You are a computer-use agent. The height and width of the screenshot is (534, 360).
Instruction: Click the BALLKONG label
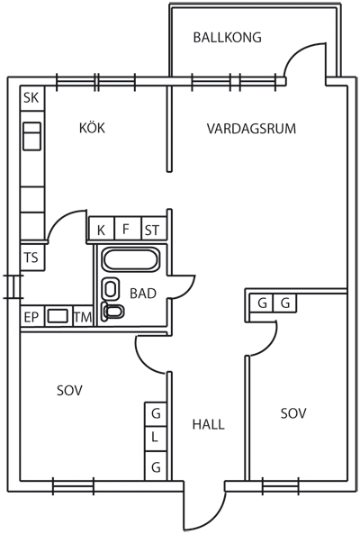(228, 37)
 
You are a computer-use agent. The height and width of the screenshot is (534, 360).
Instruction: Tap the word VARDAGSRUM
(251, 129)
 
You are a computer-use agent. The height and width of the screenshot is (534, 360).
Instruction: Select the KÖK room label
(92, 128)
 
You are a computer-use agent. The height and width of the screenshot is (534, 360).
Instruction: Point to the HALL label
(209, 424)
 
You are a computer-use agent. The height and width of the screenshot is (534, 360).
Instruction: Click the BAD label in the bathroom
(143, 294)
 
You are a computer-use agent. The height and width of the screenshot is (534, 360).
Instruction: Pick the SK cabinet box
(32, 98)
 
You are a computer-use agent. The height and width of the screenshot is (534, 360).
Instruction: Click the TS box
(32, 258)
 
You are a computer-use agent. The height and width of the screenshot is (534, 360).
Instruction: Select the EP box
(32, 317)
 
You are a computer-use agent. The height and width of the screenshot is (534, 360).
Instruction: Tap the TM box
(83, 317)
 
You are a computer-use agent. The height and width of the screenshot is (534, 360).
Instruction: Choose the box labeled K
(102, 229)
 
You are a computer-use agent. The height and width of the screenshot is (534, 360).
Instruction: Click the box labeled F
(128, 229)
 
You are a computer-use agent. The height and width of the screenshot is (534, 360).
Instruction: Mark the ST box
(154, 229)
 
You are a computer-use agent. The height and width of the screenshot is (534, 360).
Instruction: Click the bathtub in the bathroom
(130, 260)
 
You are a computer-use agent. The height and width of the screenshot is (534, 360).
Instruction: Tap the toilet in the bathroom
(112, 311)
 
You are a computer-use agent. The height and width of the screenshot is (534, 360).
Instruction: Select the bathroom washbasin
(111, 289)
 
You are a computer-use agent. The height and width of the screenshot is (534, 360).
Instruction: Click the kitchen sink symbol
(32, 136)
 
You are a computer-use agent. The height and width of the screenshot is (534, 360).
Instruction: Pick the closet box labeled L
(156, 439)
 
